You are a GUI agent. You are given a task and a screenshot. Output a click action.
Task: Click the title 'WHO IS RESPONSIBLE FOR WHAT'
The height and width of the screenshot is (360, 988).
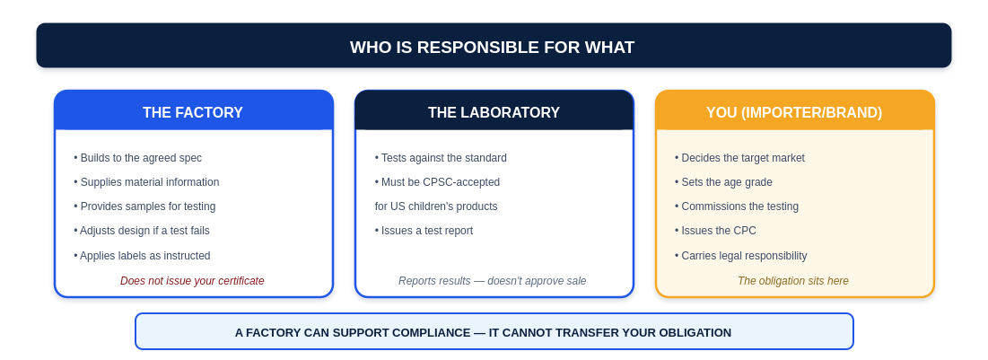pos(492,48)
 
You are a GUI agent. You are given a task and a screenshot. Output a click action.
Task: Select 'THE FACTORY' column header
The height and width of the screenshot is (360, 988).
pos(193,112)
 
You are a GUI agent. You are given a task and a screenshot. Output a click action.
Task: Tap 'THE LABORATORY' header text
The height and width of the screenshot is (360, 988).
pos(494,112)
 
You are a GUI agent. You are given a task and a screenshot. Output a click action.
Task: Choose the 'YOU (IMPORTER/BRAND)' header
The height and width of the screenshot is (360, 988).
pos(794,112)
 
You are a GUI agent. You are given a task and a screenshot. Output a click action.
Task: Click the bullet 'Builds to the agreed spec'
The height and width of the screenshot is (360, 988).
pos(138,158)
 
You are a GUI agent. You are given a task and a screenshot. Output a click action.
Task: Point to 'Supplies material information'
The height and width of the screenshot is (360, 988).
pos(146,182)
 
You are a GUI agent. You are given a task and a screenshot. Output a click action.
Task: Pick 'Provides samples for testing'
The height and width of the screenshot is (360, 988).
pos(144,206)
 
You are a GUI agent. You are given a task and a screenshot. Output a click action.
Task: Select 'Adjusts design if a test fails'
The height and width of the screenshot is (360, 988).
pos(142,231)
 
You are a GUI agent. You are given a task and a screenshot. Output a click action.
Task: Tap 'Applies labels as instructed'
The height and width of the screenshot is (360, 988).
pos(142,255)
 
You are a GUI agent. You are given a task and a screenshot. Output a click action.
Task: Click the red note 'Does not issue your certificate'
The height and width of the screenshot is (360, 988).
pos(192,281)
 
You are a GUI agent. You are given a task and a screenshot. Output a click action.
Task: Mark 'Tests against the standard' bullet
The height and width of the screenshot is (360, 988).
pos(441,158)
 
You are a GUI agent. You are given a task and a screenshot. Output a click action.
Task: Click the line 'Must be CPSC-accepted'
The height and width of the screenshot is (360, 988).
pos(437,182)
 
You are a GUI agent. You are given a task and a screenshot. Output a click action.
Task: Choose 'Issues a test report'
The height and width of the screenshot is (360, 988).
pos(424,231)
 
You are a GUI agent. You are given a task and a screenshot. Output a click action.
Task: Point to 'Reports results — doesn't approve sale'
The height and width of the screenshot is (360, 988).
pos(492,281)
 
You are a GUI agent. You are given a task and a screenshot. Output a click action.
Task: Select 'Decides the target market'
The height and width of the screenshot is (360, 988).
pos(739,158)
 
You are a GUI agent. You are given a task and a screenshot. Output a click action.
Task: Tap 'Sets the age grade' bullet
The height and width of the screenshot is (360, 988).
pos(723,182)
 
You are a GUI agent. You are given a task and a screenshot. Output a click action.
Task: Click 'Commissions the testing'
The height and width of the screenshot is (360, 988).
pos(737,206)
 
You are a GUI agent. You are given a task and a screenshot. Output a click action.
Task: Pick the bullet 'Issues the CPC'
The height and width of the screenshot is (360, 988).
pos(715,231)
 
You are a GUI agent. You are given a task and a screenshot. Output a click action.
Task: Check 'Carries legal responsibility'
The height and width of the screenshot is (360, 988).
pos(741,255)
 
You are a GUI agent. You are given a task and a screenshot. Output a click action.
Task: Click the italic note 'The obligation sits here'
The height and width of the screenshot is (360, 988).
pos(793,281)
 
